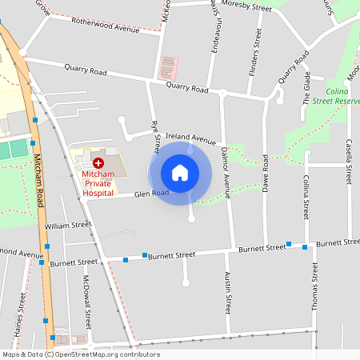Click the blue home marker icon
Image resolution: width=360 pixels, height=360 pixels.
179,172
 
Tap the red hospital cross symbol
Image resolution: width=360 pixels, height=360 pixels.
87,162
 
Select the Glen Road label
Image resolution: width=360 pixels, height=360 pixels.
151,194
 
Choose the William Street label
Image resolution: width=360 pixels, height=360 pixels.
68,226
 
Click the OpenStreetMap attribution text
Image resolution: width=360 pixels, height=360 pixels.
81,354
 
